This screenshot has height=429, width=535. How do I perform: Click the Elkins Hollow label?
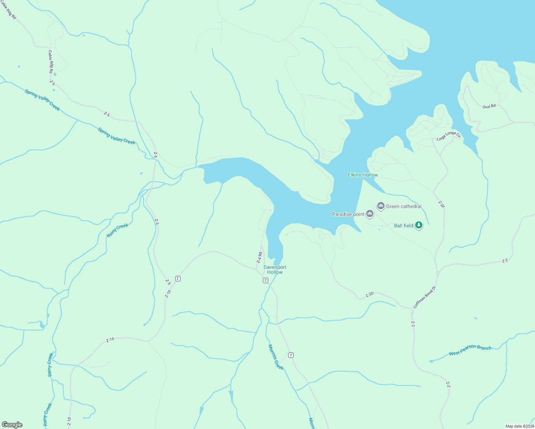click(x=363, y=175)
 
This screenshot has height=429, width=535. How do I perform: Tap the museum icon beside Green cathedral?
click(x=381, y=206)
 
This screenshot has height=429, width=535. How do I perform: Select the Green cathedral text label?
click(x=404, y=206)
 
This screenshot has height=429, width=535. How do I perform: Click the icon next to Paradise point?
click(x=370, y=214)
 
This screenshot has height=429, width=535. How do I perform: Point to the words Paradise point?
click(x=348, y=214)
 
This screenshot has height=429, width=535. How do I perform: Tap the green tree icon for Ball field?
click(x=419, y=225)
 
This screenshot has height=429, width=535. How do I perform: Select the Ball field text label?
click(x=403, y=226)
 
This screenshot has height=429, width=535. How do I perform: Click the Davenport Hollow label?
click(x=275, y=270)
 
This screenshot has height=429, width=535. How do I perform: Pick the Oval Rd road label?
click(x=489, y=107)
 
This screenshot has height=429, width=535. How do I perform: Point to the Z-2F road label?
click(x=441, y=204)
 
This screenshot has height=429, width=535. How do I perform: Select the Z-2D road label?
click(x=369, y=295)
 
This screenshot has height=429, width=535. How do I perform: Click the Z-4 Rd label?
click(x=260, y=258)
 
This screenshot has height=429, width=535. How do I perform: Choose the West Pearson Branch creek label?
click(x=470, y=350)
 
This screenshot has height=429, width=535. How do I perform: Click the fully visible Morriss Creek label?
click(x=276, y=357)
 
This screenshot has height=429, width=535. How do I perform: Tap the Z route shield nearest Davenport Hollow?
click(x=265, y=280)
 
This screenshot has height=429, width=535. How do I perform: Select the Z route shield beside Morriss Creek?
click(x=291, y=355)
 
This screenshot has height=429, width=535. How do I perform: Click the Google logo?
click(x=12, y=424)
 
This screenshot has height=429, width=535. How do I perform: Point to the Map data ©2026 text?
click(x=519, y=426)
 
